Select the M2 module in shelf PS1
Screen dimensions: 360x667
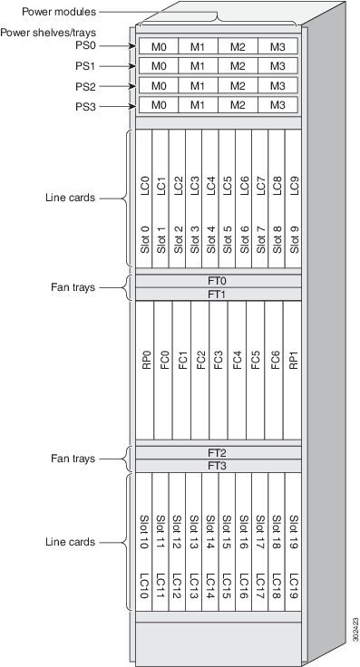tap(238, 65)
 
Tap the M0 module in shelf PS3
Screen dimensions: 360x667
tap(159, 105)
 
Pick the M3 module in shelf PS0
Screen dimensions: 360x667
tap(277, 45)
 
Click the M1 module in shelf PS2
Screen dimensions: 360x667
tap(198, 85)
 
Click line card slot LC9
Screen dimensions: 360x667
tap(294, 199)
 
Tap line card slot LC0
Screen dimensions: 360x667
tap(145, 199)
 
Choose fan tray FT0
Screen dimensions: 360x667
tap(218, 281)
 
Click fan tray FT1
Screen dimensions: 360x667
tap(218, 295)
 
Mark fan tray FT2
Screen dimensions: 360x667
tap(218, 452)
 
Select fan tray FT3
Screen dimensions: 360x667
tap(218, 466)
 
